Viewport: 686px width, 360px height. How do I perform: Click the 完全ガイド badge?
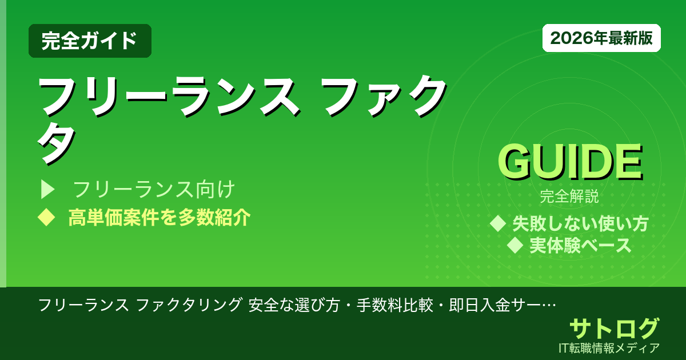90,41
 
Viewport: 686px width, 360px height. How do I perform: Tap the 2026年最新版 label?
601,38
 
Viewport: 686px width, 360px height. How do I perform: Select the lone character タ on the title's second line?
57,143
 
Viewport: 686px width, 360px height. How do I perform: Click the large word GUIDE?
569,162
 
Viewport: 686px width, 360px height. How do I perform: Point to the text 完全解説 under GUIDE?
569,197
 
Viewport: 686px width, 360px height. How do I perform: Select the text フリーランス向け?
154,189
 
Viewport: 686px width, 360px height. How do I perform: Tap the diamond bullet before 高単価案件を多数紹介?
45,217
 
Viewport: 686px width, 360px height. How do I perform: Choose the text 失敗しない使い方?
580,223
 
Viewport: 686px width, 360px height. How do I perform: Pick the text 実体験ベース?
580,245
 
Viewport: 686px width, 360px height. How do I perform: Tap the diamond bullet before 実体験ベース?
516,245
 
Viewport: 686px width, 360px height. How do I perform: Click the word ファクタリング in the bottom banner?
189,305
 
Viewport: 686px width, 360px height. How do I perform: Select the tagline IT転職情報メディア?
610,347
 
